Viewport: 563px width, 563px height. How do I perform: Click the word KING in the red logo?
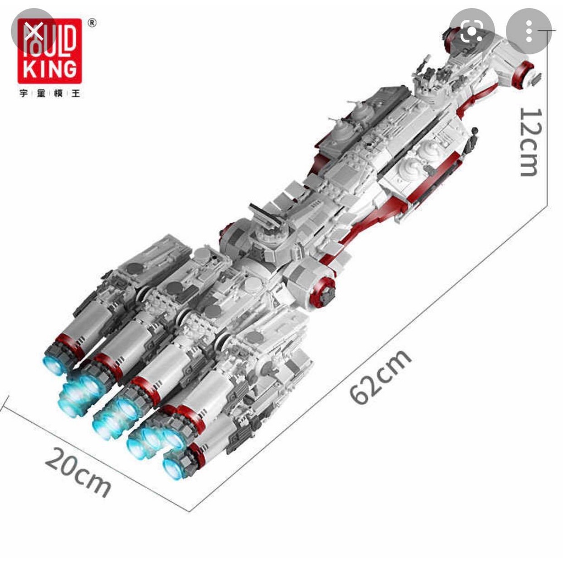pyautogui.click(x=49, y=69)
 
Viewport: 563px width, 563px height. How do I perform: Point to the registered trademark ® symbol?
pyautogui.click(x=92, y=23)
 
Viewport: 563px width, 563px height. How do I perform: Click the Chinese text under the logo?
pyautogui.click(x=49, y=93)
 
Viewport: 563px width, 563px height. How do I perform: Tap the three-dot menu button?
pyautogui.click(x=528, y=32)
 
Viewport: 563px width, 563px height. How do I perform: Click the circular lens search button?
pyautogui.click(x=471, y=32)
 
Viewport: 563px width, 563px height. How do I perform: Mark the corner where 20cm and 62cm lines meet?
pyautogui.click(x=190, y=511)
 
